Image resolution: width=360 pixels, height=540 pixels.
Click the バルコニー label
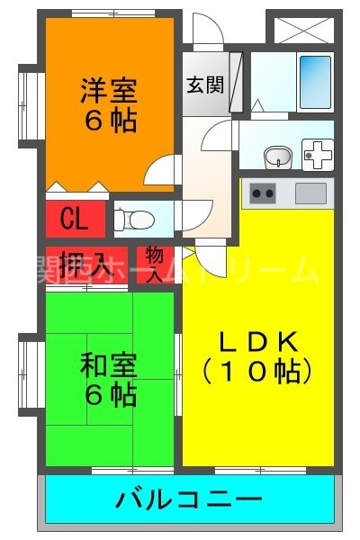[189, 498]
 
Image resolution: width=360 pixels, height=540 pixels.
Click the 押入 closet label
[88, 265]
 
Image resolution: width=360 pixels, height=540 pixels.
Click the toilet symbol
[128, 219]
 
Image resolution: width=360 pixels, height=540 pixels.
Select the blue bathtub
[314, 79]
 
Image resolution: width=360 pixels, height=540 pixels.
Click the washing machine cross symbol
[317, 156]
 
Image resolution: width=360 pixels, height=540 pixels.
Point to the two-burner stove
[263, 193]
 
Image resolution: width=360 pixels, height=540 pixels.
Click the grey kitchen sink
[310, 193]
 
